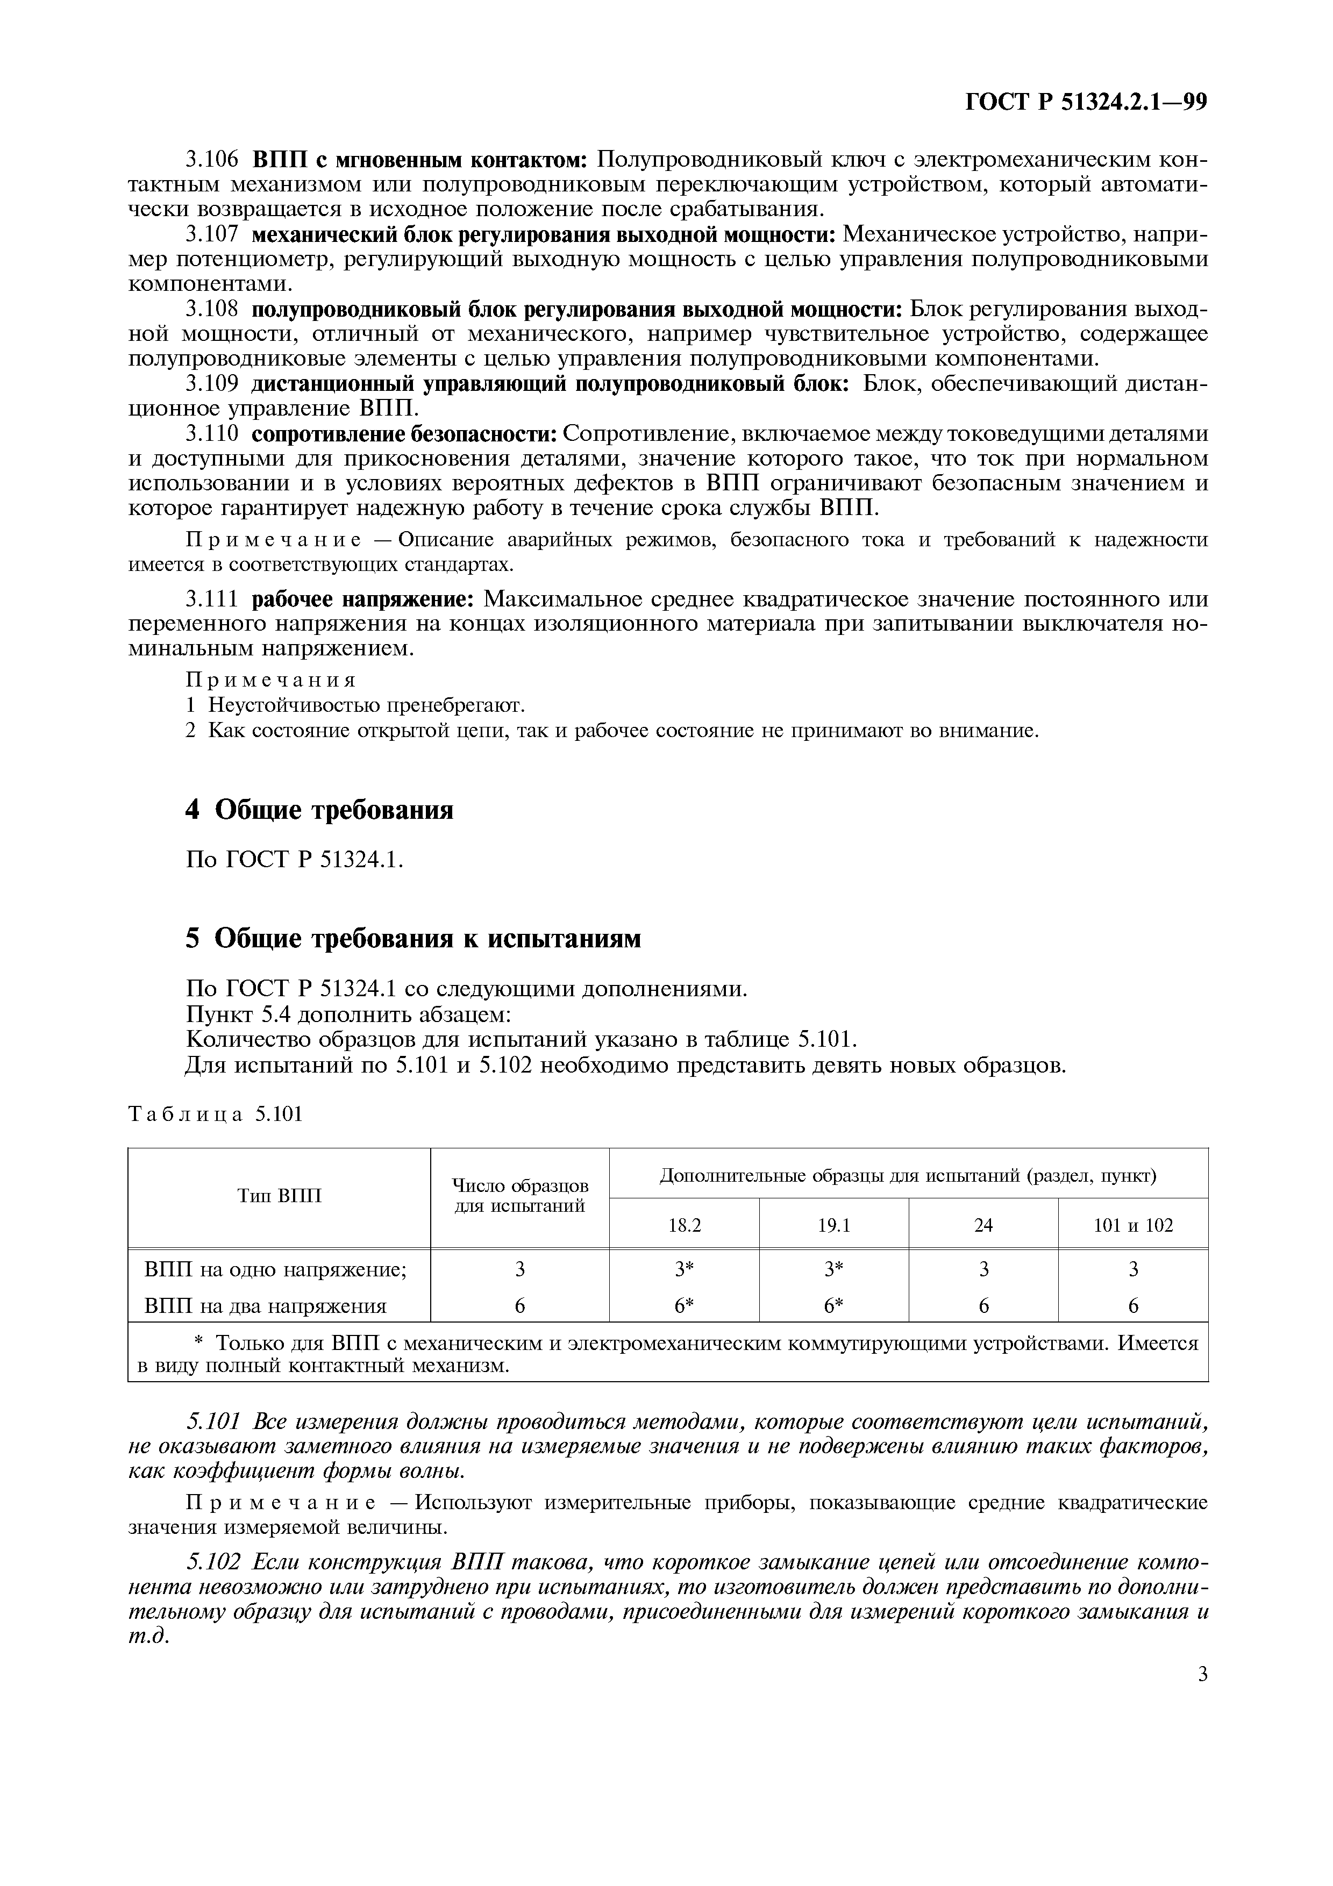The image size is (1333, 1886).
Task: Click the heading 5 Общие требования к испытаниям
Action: (x=413, y=938)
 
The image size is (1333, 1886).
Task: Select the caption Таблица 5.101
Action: (x=216, y=1115)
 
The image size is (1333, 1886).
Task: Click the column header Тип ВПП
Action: (x=279, y=1195)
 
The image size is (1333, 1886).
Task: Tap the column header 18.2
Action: (x=684, y=1226)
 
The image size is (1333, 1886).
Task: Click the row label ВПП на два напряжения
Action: (x=265, y=1306)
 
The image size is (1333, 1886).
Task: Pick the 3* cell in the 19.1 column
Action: (x=833, y=1270)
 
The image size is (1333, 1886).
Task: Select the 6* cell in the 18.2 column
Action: (x=684, y=1306)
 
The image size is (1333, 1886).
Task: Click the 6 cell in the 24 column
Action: (x=983, y=1306)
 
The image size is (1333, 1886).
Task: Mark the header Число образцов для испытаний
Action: (x=520, y=1196)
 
